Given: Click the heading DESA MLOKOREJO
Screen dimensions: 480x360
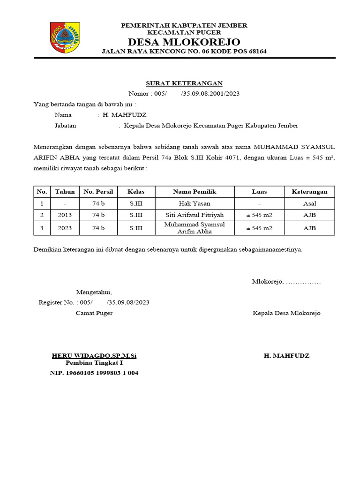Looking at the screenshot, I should tap(184, 41).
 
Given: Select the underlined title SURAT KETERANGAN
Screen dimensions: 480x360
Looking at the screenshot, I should tap(184, 83).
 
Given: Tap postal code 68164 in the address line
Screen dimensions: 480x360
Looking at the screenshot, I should tap(257, 51).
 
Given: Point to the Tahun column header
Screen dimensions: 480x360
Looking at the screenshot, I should tap(65, 192).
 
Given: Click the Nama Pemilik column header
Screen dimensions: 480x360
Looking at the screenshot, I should tap(195, 192).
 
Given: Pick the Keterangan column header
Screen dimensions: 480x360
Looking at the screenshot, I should tap(309, 192).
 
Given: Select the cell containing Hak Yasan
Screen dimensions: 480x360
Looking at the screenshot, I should tap(195, 203).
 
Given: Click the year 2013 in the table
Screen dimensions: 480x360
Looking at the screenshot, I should tap(65, 215).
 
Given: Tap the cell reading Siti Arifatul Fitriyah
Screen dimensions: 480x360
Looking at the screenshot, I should tap(195, 215).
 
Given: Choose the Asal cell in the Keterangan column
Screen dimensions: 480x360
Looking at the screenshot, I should tap(309, 203).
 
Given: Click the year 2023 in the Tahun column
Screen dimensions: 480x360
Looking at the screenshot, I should tap(65, 228).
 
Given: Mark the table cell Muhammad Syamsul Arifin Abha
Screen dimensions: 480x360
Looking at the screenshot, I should tap(195, 228).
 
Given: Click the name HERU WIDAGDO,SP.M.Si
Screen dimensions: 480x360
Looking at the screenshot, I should tap(94, 356).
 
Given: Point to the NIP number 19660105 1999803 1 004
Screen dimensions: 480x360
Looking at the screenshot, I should tap(94, 373).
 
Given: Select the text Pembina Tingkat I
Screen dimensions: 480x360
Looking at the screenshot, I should tap(94, 363).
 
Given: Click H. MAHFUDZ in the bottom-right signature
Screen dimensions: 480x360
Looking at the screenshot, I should tap(286, 356).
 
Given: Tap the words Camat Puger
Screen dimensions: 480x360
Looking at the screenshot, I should tap(94, 313).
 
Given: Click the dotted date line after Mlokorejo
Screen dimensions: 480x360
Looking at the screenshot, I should tap(303, 282).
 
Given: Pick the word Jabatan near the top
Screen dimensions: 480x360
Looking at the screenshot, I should tap(65, 126).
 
